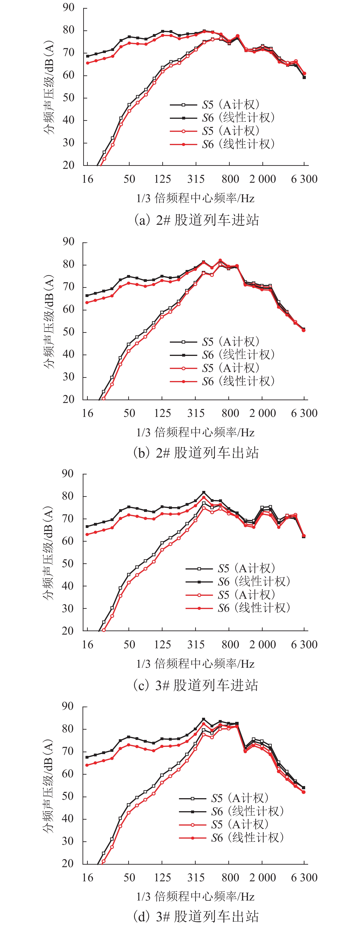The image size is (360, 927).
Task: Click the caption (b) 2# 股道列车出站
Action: (196, 453)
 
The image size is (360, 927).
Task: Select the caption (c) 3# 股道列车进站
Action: (196, 685)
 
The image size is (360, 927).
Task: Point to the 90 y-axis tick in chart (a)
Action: (68, 8)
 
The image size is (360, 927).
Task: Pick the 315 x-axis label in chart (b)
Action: (196, 413)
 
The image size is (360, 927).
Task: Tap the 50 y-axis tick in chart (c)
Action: (68, 564)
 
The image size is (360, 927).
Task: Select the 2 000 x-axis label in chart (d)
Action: (262, 877)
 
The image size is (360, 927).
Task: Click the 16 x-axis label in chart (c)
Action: (88, 644)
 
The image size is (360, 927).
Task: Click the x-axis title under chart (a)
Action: (195, 198)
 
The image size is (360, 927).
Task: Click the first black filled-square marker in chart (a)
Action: (88, 56)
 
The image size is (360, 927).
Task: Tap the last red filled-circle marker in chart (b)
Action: (304, 330)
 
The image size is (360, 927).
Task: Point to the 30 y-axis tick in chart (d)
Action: (68, 841)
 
